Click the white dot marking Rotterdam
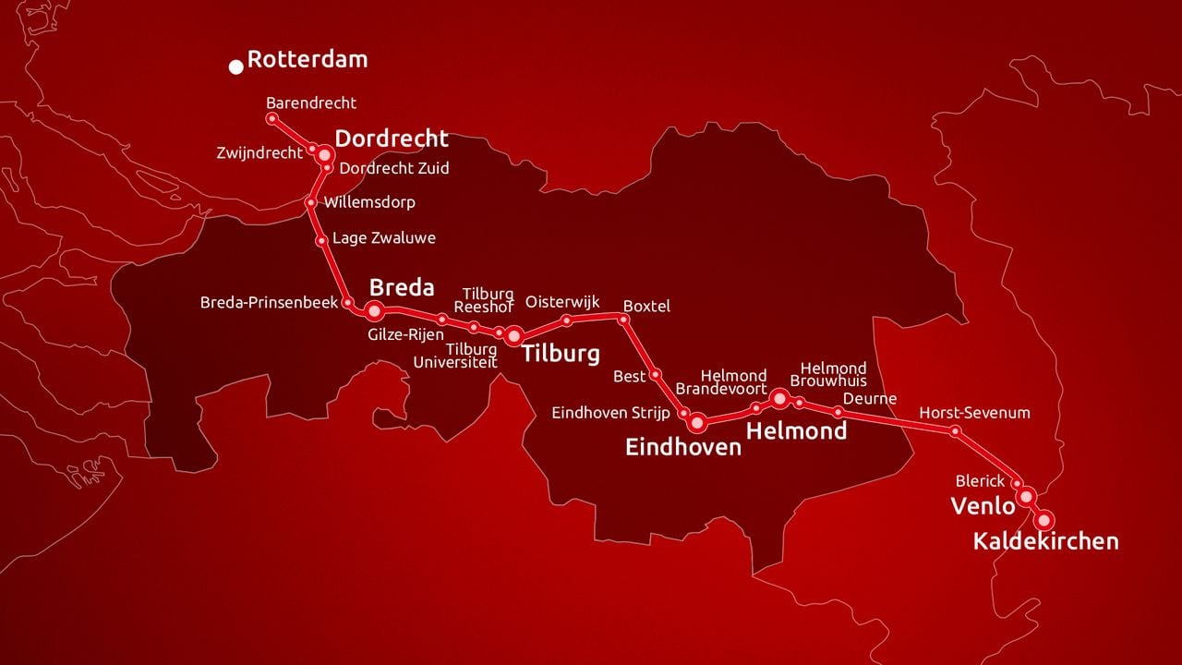236,66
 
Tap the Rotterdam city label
308,60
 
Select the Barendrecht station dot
271,118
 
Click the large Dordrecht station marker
324,155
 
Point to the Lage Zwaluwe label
383,238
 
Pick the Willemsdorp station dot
311,202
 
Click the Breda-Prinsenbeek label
269,302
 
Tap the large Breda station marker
375,310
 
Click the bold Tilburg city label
561,354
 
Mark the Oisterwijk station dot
567,320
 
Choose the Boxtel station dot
623,320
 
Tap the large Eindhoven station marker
697,423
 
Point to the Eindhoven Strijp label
610,413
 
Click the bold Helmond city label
796,431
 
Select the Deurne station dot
838,412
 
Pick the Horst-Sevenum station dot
955,430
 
